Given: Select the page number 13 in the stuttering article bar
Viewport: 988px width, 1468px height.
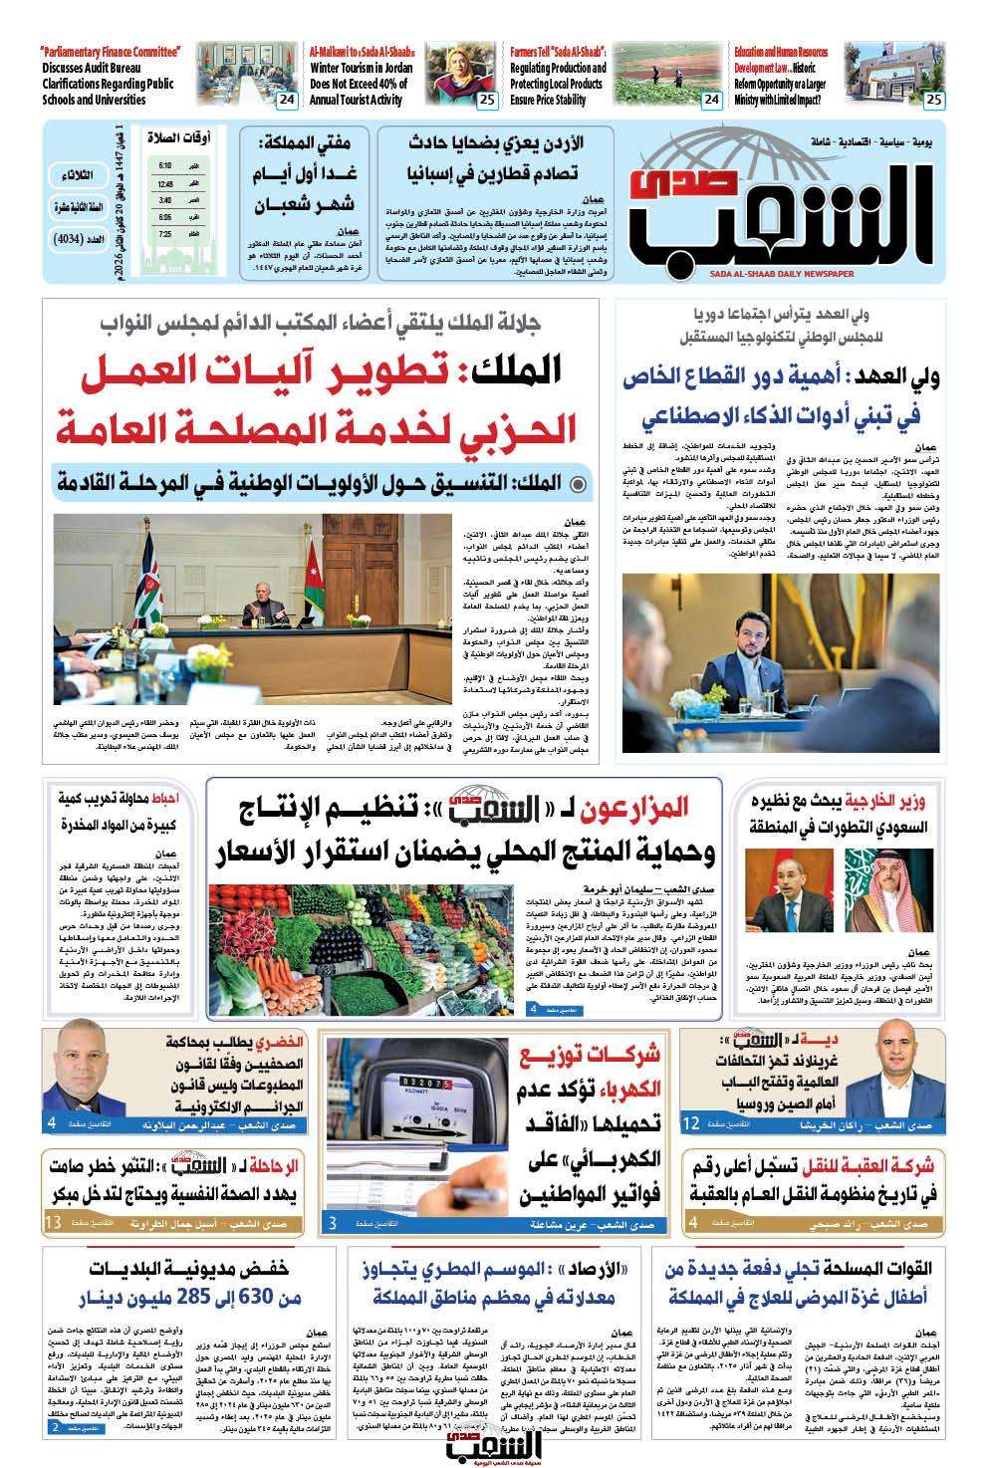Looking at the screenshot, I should tap(54, 1222).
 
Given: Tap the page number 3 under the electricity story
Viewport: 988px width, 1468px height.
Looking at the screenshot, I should tap(332, 1222).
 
